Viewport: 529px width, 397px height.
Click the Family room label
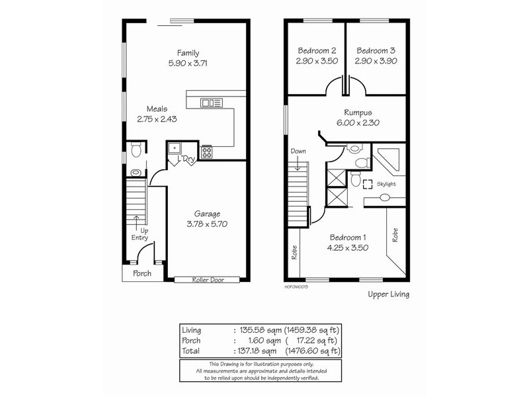pyautogui.click(x=188, y=53)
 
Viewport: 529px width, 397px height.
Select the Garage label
pyautogui.click(x=207, y=214)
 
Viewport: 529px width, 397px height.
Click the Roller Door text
pyautogui.click(x=208, y=280)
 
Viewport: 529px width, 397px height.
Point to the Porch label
pyautogui.click(x=142, y=273)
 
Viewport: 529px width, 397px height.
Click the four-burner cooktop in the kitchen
pyautogui.click(x=206, y=152)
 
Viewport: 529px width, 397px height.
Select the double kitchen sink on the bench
pyautogui.click(x=212, y=103)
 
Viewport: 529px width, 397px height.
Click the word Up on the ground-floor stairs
pyautogui.click(x=144, y=230)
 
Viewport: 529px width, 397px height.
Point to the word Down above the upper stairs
pyautogui.click(x=298, y=152)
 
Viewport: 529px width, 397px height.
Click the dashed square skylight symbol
pyautogui.click(x=367, y=187)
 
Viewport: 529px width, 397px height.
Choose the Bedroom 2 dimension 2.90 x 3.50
pyautogui.click(x=317, y=60)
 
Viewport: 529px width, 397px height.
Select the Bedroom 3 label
pyautogui.click(x=376, y=50)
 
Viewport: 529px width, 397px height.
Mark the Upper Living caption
pyautogui.click(x=388, y=294)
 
